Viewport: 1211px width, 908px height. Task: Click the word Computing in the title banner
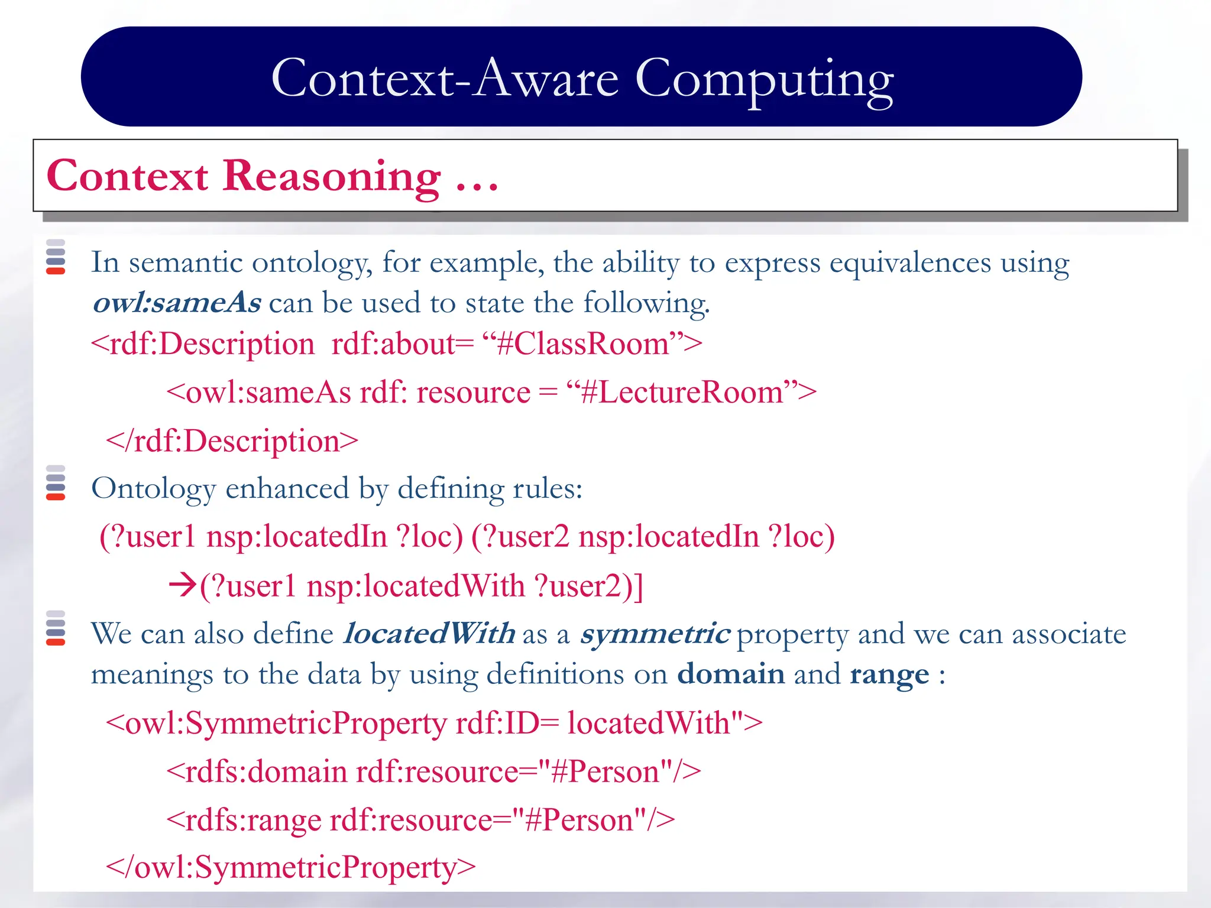point(764,80)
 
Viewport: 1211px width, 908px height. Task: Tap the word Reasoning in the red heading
point(331,176)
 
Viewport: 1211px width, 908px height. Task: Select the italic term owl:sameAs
point(177,303)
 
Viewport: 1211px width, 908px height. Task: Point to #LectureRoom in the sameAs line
point(682,393)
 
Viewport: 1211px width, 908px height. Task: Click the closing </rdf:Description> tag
point(232,442)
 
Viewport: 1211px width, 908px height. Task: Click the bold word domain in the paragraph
point(730,674)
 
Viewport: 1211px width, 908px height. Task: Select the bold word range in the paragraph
point(889,674)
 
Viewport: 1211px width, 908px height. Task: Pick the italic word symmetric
point(655,634)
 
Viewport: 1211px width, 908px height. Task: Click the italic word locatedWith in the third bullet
point(429,634)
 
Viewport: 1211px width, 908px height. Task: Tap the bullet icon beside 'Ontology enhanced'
point(56,483)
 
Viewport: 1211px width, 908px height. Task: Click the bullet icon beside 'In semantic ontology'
point(56,257)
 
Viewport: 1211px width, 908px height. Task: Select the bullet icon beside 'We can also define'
point(56,628)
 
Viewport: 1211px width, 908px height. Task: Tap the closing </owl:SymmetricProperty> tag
point(290,868)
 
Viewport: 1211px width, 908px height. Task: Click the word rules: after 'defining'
point(547,489)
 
